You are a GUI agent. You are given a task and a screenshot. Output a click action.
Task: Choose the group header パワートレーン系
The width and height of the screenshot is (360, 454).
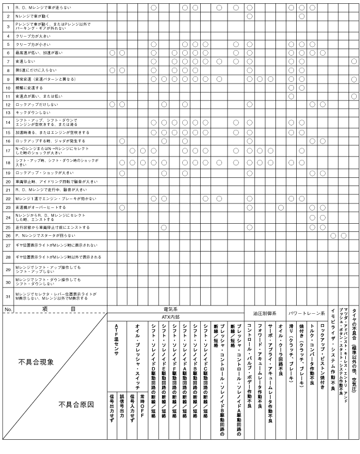(x=306, y=314)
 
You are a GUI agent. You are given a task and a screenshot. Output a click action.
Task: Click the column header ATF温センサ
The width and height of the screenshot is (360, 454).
(x=116, y=338)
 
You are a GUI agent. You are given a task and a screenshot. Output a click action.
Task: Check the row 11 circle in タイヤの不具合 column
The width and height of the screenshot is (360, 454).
(x=353, y=96)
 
